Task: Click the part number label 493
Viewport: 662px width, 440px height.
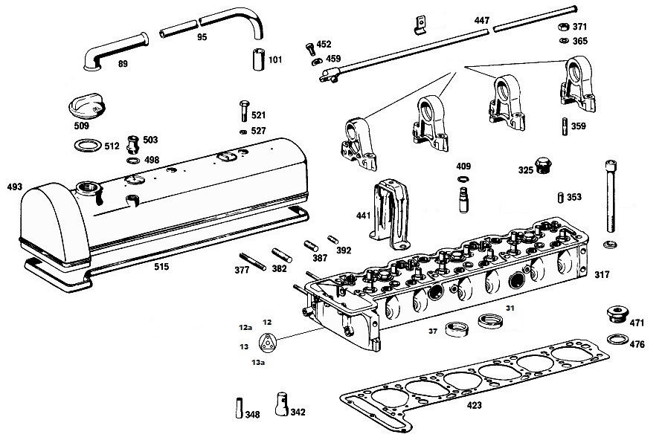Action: (14, 187)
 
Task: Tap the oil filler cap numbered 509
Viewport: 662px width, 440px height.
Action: (86, 109)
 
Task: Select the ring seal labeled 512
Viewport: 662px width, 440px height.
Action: (88, 146)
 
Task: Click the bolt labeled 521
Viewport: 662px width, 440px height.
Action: (244, 111)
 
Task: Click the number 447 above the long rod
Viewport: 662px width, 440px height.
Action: (482, 20)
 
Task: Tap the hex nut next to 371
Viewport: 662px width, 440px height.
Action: (563, 27)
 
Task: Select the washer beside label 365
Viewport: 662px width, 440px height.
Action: (564, 41)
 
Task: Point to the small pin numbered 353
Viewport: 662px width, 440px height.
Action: (561, 198)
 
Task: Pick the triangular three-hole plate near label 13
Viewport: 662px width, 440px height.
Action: (266, 342)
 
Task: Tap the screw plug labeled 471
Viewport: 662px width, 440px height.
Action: (617, 314)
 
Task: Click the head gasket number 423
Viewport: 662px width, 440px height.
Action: (474, 405)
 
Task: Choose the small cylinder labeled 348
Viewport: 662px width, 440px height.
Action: (240, 407)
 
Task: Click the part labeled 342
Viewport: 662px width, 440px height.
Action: (282, 404)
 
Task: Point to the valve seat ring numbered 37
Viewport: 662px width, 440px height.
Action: (458, 329)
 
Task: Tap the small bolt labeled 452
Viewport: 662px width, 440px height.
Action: (310, 48)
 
